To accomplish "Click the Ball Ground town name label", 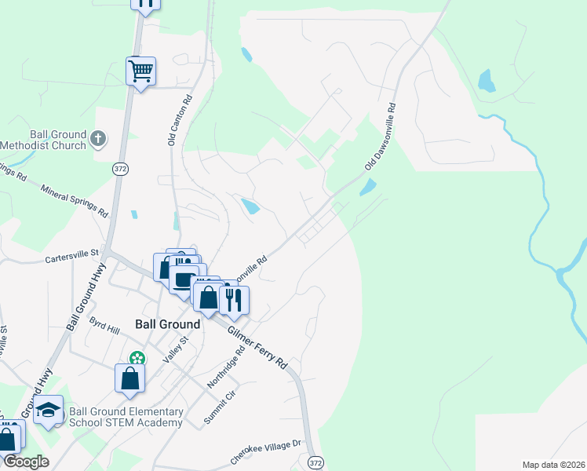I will pos(167,323).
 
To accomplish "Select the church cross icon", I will pos(98,139).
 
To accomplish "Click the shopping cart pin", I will pos(141,71).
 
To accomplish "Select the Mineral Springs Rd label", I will pos(75,202).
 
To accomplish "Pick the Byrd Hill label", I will pos(104,323).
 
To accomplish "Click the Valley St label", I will pos(176,349).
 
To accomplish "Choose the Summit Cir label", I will pos(220,407).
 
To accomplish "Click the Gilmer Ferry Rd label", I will pos(257,348).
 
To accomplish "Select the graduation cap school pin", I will pos(49,410).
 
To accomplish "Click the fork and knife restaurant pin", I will pos(234,299).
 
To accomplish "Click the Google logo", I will pos(25,462).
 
